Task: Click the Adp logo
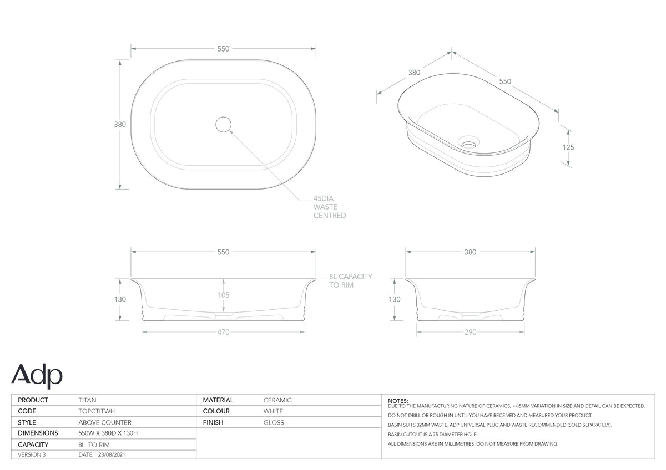click(37, 376)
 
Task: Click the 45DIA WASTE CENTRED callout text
click(330, 207)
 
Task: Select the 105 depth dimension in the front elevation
click(223, 295)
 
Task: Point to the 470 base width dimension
click(223, 332)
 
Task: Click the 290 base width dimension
click(471, 332)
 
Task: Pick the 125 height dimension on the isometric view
click(568, 147)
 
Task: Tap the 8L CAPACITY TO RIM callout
click(350, 280)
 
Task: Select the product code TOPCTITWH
click(97, 411)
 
